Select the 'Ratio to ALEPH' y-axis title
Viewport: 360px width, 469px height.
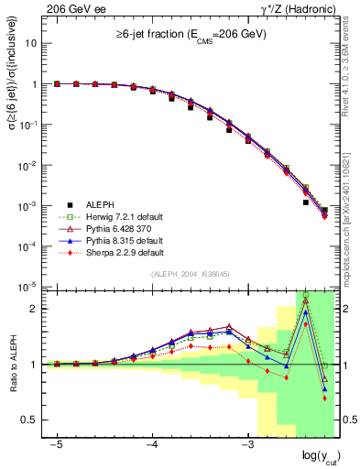click(x=12, y=365)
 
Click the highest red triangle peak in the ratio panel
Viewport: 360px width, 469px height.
click(x=305, y=300)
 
